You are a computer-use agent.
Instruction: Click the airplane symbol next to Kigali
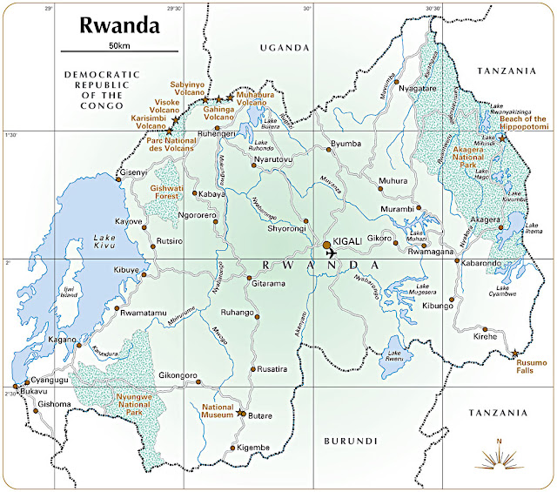(330, 253)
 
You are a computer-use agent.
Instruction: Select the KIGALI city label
(353, 246)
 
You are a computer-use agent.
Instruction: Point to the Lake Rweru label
(399, 354)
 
